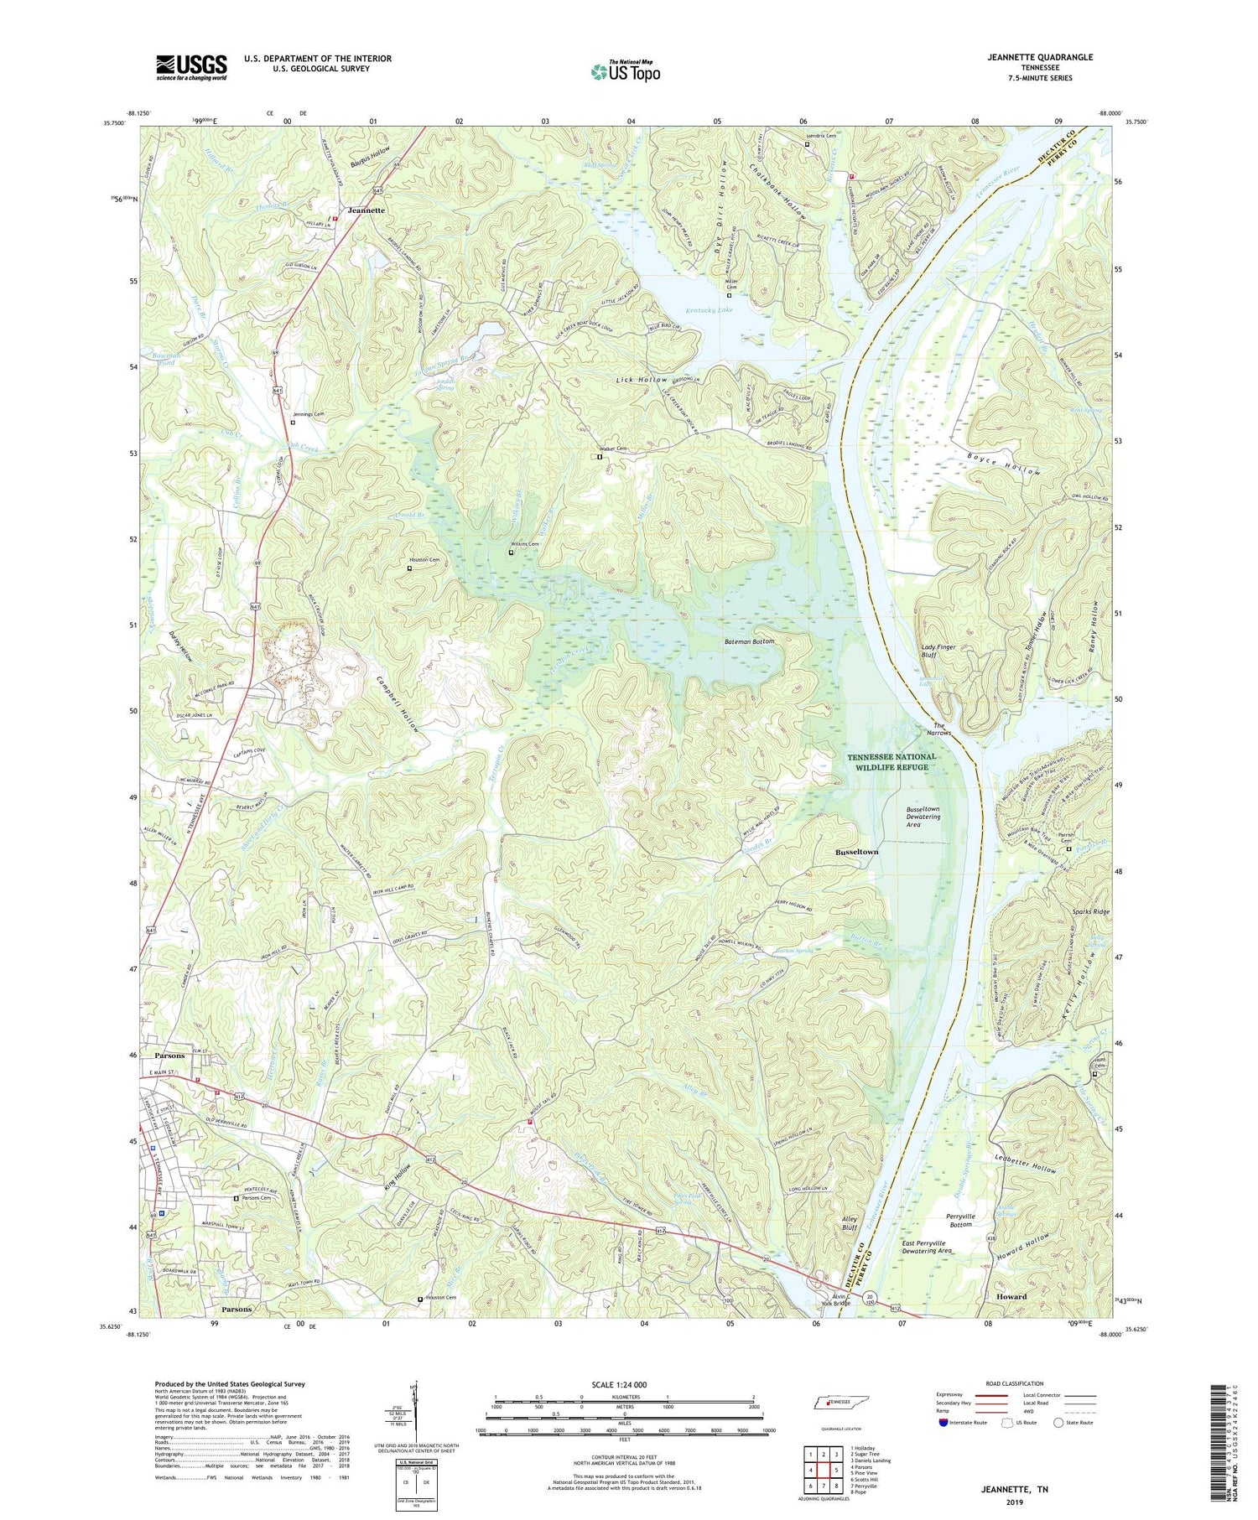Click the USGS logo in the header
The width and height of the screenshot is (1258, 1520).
tap(191, 66)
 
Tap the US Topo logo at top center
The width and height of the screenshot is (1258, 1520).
tap(625, 71)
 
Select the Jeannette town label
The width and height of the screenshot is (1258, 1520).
tap(361, 210)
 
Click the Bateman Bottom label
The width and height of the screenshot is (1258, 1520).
tap(749, 641)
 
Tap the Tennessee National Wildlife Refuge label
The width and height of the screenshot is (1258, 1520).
tap(892, 761)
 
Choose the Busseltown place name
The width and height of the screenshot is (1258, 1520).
tap(856, 852)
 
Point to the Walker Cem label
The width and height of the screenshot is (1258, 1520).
tap(611, 449)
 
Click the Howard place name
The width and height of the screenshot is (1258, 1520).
tap(1011, 1296)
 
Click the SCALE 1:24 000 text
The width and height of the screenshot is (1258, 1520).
tap(624, 1384)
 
